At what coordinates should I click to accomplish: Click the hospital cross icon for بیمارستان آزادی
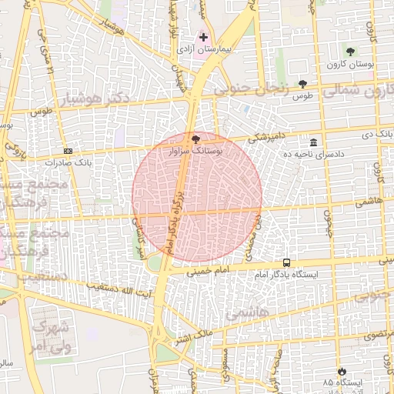203,37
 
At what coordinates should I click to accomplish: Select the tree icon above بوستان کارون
350,52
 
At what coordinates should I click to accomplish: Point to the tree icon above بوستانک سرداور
195,139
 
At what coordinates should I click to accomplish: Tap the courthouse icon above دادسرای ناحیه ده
313,143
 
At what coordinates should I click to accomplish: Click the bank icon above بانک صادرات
68,151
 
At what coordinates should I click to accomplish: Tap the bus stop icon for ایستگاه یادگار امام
286,262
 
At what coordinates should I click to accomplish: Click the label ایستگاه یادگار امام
286,275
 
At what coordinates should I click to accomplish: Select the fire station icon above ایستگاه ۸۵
341,371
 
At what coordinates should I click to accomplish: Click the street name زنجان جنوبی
250,88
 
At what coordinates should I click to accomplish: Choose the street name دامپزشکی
269,137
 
